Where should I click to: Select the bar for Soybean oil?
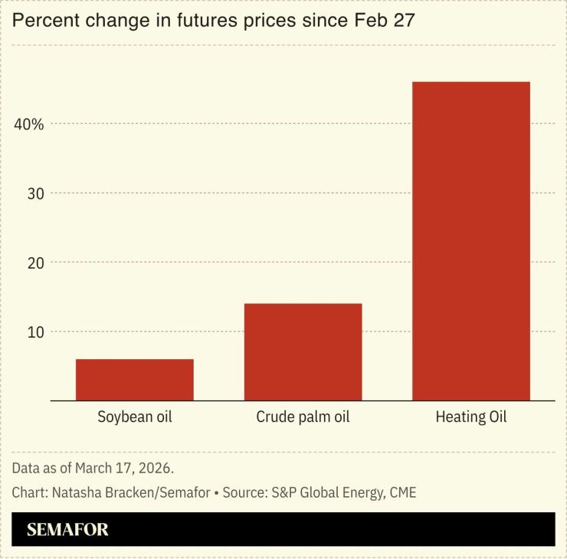pyautogui.click(x=134, y=380)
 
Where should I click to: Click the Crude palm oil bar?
pyautogui.click(x=303, y=352)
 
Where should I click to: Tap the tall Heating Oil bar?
pyautogui.click(x=471, y=241)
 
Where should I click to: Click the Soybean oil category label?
pyautogui.click(x=135, y=417)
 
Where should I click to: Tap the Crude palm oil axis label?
pyautogui.click(x=303, y=417)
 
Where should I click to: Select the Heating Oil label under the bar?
pyautogui.click(x=471, y=417)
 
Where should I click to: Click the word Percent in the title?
pyautogui.click(x=43, y=21)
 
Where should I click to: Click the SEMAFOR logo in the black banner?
pyautogui.click(x=67, y=529)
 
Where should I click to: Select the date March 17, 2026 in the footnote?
pyautogui.click(x=130, y=467)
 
